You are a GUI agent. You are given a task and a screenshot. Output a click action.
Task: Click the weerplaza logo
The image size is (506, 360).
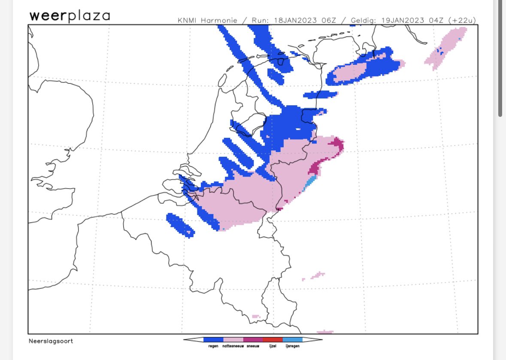pyautogui.click(x=70, y=16)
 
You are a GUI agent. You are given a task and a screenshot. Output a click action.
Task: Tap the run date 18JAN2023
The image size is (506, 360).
pyautogui.click(x=291, y=21)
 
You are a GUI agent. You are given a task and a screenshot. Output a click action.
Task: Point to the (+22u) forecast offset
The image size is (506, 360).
pyautogui.click(x=462, y=21)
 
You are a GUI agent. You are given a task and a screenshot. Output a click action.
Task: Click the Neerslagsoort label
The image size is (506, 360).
pyautogui.click(x=51, y=341)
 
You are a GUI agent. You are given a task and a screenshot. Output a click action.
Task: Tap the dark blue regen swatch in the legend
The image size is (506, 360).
pyautogui.click(x=213, y=339)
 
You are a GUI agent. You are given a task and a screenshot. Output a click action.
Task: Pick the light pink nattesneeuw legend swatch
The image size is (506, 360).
pyautogui.click(x=233, y=339)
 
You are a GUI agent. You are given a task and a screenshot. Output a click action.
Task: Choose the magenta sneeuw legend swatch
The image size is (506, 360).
pyautogui.click(x=253, y=339)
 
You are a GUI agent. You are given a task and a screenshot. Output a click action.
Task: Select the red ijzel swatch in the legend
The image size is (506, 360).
pyautogui.click(x=273, y=339)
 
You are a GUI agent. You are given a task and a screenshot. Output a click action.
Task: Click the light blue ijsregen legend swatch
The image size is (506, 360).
pyautogui.click(x=293, y=339)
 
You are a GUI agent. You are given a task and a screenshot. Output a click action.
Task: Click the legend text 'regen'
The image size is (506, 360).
pyautogui.click(x=213, y=346)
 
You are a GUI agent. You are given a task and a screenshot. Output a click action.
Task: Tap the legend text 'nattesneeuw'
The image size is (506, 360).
pyautogui.click(x=233, y=346)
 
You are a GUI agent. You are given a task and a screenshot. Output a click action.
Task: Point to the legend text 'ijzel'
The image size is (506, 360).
pyautogui.click(x=273, y=346)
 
